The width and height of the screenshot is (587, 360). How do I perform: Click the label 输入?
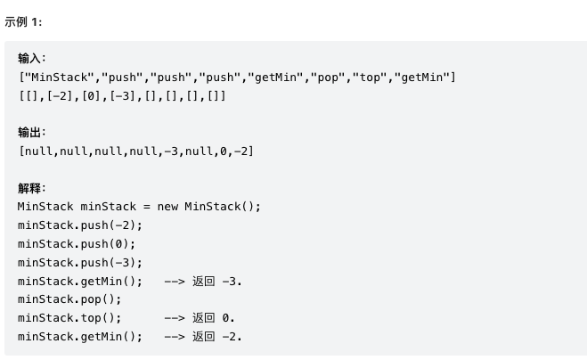[x=32, y=59]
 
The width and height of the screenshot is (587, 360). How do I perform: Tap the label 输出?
[x=32, y=133]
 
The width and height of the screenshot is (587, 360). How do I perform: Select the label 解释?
[x=32, y=189]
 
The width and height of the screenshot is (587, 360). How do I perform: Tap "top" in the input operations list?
[x=369, y=78]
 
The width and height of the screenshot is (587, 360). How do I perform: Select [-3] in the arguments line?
[x=124, y=95]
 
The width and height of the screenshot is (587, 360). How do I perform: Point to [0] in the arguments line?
[x=92, y=95]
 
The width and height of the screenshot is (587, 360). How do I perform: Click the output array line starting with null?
[x=136, y=151]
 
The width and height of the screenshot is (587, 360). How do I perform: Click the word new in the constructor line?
[x=167, y=207]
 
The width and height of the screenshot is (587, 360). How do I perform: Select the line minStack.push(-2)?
[x=80, y=225]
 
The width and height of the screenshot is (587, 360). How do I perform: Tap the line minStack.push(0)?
[x=77, y=244]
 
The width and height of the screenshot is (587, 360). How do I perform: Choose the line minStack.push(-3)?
[x=80, y=263]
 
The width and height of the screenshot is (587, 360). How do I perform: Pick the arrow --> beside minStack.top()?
[x=175, y=317]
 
